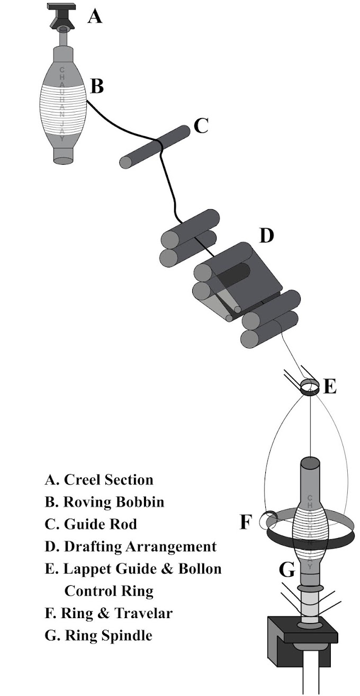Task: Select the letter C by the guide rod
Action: [201, 126]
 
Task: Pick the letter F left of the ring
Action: [245, 522]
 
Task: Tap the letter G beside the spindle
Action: [286, 570]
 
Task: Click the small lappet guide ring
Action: [309, 387]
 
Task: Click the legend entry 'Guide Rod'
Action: [100, 524]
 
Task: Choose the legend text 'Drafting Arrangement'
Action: [140, 547]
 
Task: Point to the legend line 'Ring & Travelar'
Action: [116, 613]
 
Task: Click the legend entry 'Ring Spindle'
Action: [108, 636]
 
